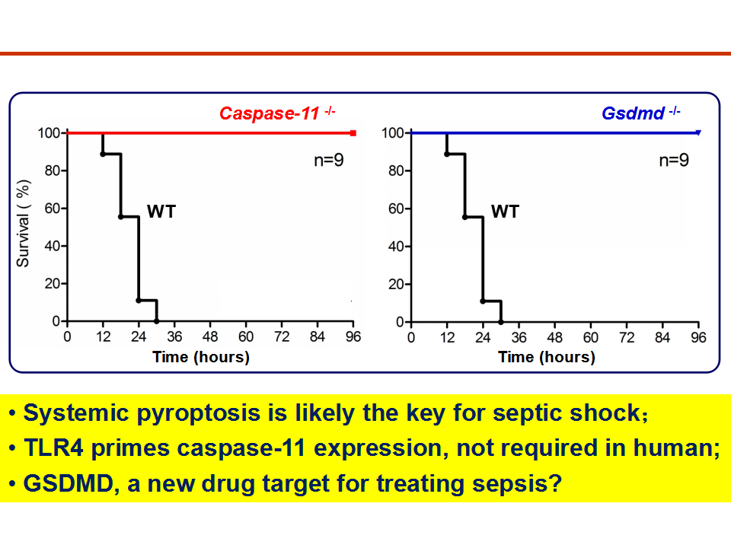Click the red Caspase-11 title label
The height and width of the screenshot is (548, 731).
(277, 113)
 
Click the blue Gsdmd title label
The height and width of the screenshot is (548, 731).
(641, 113)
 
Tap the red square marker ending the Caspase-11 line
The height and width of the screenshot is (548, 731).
(353, 133)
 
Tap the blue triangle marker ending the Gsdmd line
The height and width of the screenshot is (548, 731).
(698, 132)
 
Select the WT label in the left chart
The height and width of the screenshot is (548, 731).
(161, 212)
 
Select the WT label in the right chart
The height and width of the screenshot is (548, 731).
(505, 212)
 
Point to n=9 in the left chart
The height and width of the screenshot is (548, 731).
(329, 161)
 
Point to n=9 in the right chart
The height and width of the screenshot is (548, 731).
(674, 161)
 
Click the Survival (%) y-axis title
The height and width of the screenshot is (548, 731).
(23, 223)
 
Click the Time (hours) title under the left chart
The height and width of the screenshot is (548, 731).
(201, 357)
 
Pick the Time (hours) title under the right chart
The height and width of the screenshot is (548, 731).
(547, 357)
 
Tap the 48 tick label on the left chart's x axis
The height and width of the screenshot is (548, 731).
(210, 336)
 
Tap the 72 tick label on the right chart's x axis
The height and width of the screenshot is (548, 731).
(627, 337)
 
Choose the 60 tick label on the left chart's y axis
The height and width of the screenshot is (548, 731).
(53, 209)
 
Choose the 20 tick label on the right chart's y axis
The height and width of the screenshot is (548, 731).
(396, 284)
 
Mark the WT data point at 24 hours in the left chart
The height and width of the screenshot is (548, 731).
(139, 301)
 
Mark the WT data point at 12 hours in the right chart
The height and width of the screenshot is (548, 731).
(447, 154)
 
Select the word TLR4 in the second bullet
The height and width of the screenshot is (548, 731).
(53, 448)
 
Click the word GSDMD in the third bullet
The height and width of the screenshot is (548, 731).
(69, 483)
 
